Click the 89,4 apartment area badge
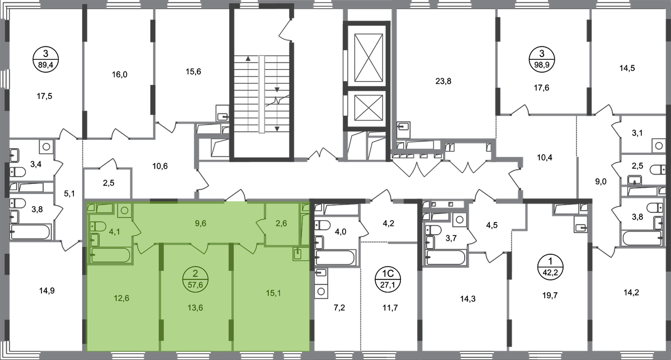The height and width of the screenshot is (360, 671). click(45, 59)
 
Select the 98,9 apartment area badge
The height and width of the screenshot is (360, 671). click(542, 59)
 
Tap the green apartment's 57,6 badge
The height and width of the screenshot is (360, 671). click(195, 279)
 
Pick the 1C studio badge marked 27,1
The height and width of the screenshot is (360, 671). click(388, 279)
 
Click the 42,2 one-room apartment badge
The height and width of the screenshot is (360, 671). click(551, 267)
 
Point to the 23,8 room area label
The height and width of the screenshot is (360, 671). click(443, 81)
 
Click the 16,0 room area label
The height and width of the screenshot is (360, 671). click(120, 74)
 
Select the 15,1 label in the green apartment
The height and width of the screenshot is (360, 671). click(273, 293)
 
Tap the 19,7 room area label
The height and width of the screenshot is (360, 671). click(550, 296)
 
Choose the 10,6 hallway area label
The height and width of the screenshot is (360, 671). click(160, 166)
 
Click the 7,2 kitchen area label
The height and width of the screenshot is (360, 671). click(339, 307)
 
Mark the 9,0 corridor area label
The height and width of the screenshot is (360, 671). click(601, 182)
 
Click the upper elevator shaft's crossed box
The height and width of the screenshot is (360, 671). click(368, 58)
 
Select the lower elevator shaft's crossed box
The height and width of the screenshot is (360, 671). click(368, 108)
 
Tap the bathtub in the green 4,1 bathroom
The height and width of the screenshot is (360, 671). click(110, 255)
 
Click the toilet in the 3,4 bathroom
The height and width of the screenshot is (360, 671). click(17, 172)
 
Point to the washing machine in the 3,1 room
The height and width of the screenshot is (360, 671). click(659, 146)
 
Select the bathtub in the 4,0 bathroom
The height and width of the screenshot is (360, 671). click(335, 257)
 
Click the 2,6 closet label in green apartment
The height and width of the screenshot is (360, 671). click(281, 223)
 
